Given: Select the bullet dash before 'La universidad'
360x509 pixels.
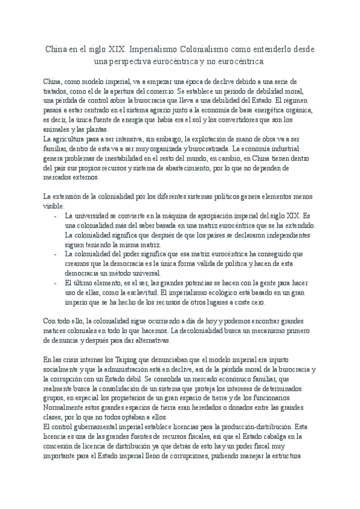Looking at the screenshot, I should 56,215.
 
